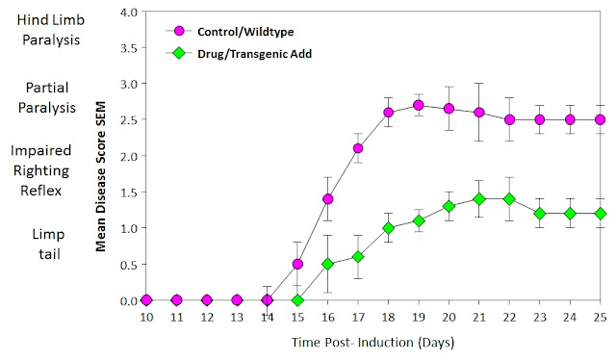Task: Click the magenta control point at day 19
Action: coord(419,105)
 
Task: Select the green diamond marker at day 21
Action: coord(479,199)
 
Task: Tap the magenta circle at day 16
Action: coord(327,199)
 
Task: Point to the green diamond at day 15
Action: coord(297,300)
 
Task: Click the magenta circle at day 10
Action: coord(146,300)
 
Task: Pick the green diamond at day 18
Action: coord(388,228)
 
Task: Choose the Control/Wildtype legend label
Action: coord(245,32)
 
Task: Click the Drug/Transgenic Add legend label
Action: coord(254,54)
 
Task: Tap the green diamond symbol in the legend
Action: coord(179,53)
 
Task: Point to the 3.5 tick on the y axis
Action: coord(128,48)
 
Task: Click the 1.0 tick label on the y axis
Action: coord(128,228)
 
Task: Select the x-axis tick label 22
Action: coord(509,317)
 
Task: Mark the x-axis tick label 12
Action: coord(207,317)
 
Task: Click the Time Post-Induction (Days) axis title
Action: coord(372,343)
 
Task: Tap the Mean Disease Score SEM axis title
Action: coord(101,176)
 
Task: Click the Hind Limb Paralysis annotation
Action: coord(51,30)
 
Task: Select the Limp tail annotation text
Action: coord(49,244)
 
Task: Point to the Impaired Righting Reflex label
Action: coord(40,170)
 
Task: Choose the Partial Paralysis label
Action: coord(47,97)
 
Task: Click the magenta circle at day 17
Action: coord(358,148)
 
